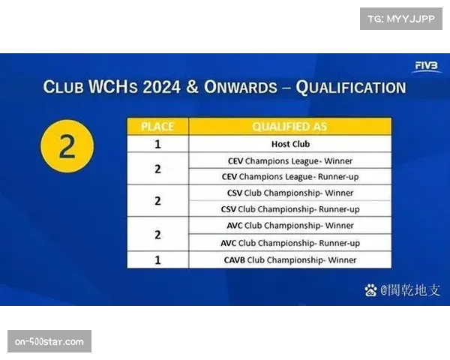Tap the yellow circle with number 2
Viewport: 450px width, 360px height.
point(67,146)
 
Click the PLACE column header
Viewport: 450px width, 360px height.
point(157,127)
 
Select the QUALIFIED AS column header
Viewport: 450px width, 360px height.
point(289,127)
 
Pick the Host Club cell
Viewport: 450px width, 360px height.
point(289,144)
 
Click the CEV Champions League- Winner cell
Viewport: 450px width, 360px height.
point(289,160)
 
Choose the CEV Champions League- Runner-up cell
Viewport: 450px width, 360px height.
point(289,177)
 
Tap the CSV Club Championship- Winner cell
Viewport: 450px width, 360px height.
point(289,193)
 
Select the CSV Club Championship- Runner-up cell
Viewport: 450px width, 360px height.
point(289,209)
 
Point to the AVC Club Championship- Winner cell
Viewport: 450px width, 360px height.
point(289,226)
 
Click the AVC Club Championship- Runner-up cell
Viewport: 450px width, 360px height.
point(289,243)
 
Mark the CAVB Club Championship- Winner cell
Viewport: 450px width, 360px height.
point(289,259)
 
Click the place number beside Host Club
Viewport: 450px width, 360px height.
point(157,144)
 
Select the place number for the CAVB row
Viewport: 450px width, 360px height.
point(157,259)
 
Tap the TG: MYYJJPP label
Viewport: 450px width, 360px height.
point(401,18)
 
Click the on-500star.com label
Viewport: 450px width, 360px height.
point(50,342)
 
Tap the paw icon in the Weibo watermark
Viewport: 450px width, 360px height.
point(370,289)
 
